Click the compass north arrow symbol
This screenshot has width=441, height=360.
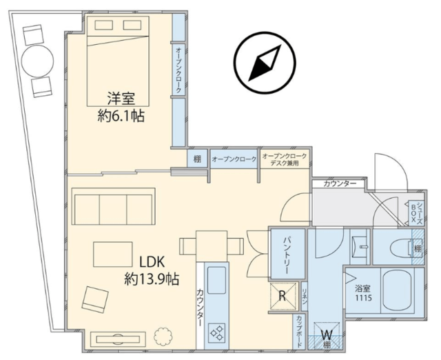265,63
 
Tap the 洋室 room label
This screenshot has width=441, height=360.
121,99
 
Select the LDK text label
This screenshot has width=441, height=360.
152,263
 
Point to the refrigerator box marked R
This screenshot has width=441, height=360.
283,296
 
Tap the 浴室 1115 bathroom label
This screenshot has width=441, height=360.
363,293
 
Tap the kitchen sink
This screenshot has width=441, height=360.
216,280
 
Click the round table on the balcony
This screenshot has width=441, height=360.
37,61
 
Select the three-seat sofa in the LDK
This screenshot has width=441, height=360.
114,206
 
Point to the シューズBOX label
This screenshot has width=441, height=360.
416,213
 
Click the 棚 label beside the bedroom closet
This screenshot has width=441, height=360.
198,159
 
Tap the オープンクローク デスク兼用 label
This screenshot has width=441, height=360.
285,159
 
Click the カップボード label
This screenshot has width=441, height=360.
299,331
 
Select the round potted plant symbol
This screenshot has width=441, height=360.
163,336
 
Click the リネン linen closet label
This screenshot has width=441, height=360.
305,296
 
